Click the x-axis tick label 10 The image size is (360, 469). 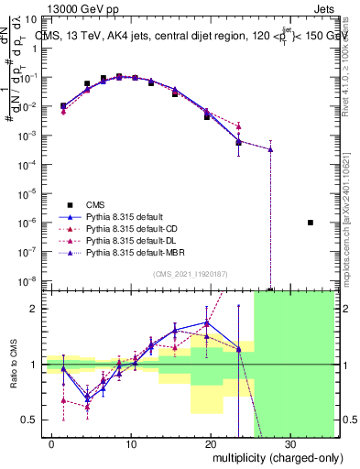[132, 443]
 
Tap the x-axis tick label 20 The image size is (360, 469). [211, 443]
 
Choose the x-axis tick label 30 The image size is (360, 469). [289, 443]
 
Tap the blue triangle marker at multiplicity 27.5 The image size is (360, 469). [270, 149]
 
